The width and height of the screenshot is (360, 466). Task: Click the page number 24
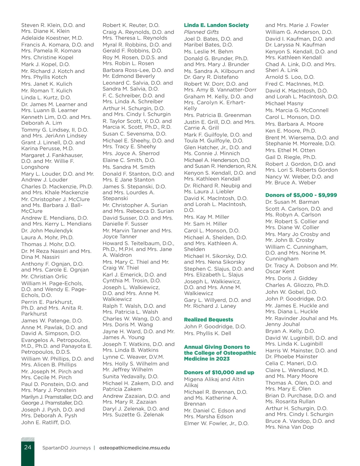[28, 447]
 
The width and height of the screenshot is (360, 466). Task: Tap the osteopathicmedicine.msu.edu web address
[134, 448]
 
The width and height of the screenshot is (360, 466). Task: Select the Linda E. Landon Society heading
[216, 25]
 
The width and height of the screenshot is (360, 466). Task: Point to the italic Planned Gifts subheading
[201, 32]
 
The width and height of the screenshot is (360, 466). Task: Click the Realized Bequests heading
[208, 320]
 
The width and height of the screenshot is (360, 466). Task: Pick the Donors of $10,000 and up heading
[219, 372]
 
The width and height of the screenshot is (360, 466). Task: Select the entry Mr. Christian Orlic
[44, 276]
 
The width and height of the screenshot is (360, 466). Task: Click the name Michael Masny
[284, 104]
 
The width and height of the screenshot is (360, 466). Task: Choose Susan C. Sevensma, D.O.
[134, 134]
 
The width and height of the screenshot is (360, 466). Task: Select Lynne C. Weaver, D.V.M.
[133, 357]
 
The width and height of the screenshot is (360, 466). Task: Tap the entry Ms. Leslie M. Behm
[208, 52]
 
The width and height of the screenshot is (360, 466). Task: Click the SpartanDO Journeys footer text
[66, 448]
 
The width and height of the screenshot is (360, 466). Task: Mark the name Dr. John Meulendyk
[47, 231]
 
